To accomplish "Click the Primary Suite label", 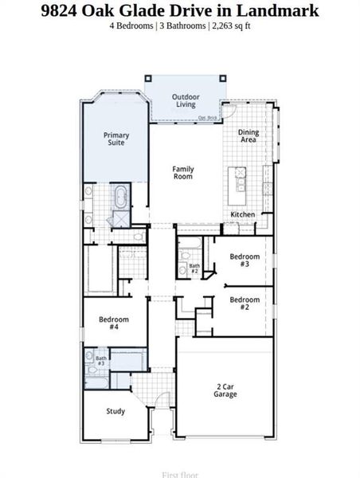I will coord(116,140).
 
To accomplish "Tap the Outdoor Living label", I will coord(186,100).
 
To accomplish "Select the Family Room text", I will coord(184,174).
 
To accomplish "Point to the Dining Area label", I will coord(249,136).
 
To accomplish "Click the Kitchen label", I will coord(243,215).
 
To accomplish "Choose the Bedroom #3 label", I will coord(245,261).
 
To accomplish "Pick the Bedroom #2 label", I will coord(245,303).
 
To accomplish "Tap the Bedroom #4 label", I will coord(114,323).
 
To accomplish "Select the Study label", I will coord(116,411).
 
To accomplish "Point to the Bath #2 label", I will coord(194,268).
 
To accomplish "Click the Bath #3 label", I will coord(101,361).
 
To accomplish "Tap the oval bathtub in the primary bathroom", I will coord(122,195).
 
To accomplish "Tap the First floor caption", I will coord(180,474).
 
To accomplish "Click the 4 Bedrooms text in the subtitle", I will coord(136,25).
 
